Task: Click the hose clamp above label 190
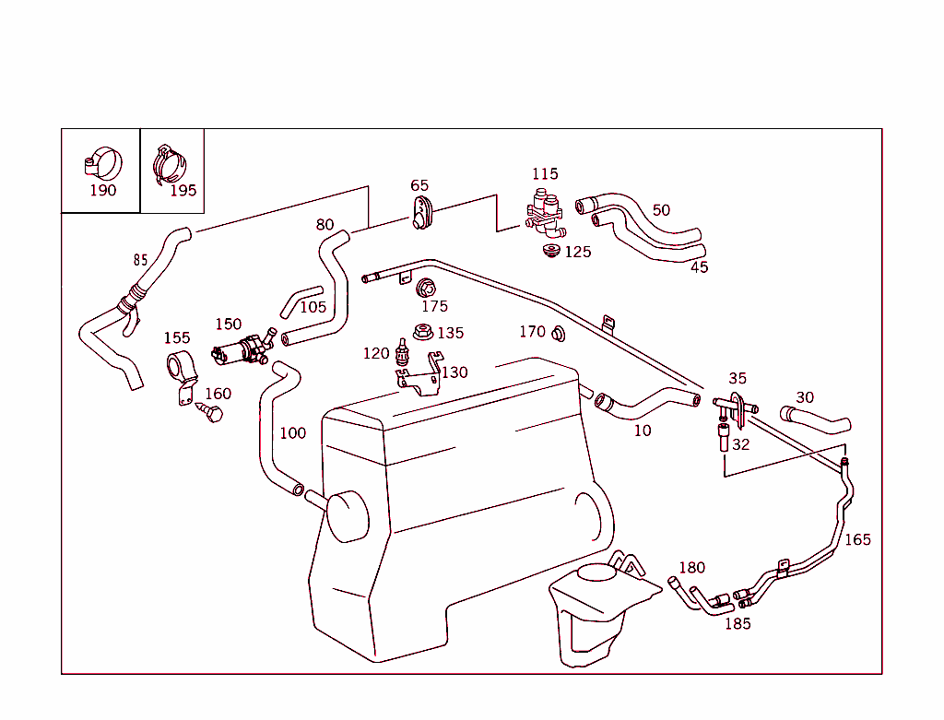tap(103, 163)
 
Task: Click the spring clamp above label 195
tap(170, 164)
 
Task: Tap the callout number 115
tap(545, 173)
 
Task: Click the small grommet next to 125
tap(551, 251)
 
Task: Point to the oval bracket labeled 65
tap(420, 213)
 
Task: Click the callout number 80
tap(324, 225)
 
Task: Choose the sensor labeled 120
tap(402, 351)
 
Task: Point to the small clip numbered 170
tap(559, 333)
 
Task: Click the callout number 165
tap(857, 539)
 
